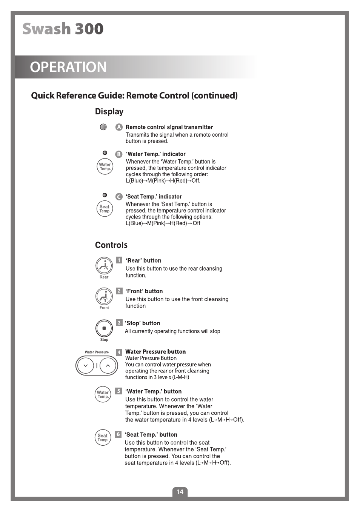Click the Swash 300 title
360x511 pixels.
click(x=63, y=29)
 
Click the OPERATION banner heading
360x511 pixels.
click(x=68, y=67)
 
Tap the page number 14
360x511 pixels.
click(x=180, y=492)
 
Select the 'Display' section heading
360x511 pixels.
click(x=109, y=112)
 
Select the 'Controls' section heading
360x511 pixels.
click(x=111, y=245)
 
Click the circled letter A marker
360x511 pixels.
click(x=119, y=127)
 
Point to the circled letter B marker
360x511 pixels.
click(x=119, y=154)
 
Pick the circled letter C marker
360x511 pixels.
click(x=119, y=197)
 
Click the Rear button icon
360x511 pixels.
click(x=104, y=266)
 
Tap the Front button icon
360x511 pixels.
click(x=104, y=297)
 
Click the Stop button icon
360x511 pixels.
click(x=104, y=328)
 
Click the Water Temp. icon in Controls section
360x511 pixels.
click(x=103, y=394)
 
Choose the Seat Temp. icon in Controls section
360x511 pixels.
click(x=103, y=437)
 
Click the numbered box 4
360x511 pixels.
click(x=119, y=352)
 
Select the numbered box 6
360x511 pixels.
click(x=118, y=434)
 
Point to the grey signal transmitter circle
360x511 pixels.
click(x=103, y=127)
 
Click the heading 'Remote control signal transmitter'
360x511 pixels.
click(x=169, y=127)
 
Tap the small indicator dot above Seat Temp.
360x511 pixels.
click(x=105, y=195)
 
